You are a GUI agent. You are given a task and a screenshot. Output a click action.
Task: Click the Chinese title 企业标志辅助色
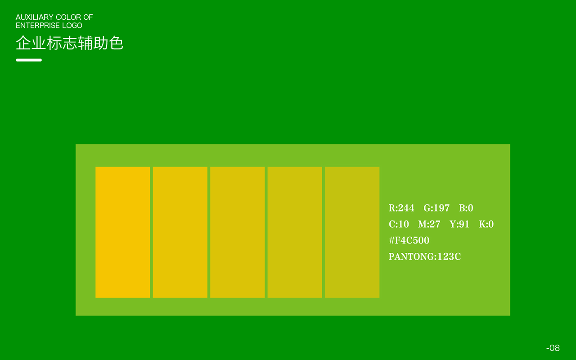coord(69,43)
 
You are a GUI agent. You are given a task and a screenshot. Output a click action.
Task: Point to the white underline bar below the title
coord(29,60)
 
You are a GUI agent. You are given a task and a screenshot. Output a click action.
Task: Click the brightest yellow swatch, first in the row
coord(123,232)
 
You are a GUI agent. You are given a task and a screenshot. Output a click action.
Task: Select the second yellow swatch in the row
coord(180,232)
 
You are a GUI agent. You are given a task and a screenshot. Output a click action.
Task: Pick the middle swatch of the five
coord(237,232)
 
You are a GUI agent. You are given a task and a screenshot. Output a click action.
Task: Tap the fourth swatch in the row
coord(295,232)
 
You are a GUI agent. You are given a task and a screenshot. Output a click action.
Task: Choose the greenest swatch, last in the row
coord(352,232)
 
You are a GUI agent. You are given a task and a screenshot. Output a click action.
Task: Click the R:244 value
coord(401,208)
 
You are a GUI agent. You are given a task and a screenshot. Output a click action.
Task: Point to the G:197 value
coord(436,208)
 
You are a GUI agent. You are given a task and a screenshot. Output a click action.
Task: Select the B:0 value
coord(466,208)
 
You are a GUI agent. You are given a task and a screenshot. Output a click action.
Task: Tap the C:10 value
coord(399,224)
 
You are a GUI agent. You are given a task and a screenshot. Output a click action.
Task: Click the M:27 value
coord(429,224)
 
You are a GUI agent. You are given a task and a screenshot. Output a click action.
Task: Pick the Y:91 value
coord(459,224)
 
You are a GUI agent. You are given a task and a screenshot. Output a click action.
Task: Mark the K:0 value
coord(486,224)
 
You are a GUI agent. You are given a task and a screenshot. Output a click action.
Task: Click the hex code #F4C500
coord(409,240)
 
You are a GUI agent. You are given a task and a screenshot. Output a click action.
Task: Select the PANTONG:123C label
coord(425,256)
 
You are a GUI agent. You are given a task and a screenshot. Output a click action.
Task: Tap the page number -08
coord(553,348)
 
